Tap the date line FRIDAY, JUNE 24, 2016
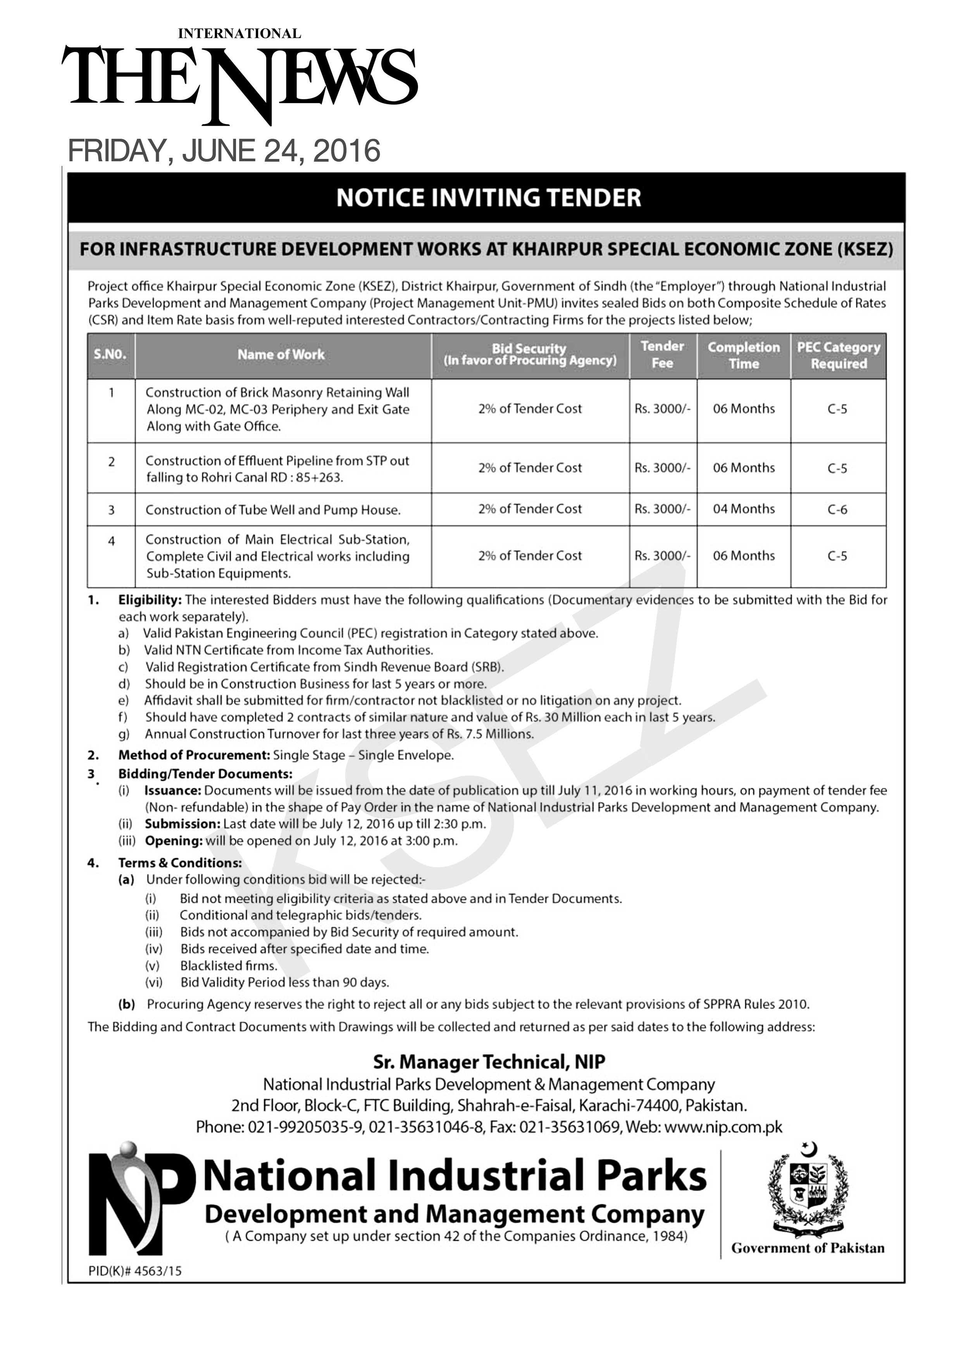[224, 151]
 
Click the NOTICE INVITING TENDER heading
[489, 198]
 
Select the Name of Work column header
[281, 355]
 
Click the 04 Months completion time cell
[744, 509]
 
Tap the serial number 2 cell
[111, 462]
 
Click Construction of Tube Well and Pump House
[273, 510]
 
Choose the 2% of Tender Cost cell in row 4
[530, 556]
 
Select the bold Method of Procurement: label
[194, 755]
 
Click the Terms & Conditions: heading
[180, 863]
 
